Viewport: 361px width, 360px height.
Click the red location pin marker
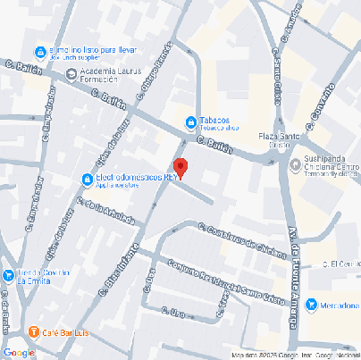180,167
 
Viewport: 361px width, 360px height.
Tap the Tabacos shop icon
190,121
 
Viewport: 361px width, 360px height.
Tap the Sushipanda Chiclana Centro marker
296,163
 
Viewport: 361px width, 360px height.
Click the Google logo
19,353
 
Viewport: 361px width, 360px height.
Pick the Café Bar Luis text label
68,332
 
